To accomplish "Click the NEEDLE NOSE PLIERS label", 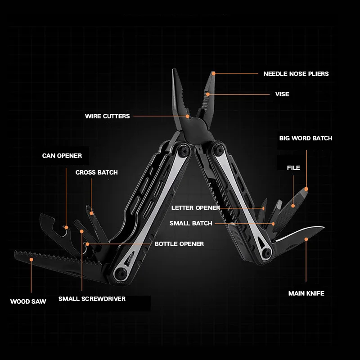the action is (x=296, y=74).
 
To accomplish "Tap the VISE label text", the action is (x=282, y=94).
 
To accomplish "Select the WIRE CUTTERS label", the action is (x=108, y=116).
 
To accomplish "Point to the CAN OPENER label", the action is (x=62, y=156).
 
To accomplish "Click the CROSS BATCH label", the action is (x=97, y=172).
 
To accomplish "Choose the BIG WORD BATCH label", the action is (x=306, y=138).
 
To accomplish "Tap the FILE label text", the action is (x=293, y=168).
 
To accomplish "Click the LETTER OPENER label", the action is (x=196, y=208).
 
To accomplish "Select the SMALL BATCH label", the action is (x=191, y=223).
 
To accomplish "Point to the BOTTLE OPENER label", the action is (x=179, y=244).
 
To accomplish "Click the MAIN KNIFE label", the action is (x=306, y=293).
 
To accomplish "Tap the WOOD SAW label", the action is (x=28, y=301).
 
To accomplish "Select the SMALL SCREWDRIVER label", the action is (x=92, y=299).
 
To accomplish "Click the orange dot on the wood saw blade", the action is (x=31, y=260).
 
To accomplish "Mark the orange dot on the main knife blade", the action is (x=306, y=239).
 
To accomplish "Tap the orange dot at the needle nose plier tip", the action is (x=213, y=73).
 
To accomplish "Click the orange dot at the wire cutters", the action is (x=188, y=116).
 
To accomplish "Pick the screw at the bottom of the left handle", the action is (x=121, y=273).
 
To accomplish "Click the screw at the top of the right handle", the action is (x=217, y=149).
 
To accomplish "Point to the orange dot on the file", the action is (x=293, y=206).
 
